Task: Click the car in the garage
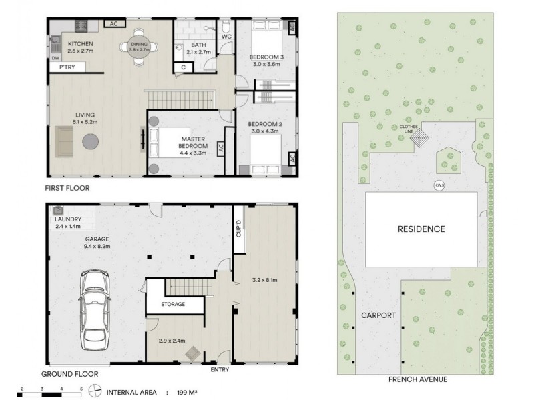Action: [95, 309]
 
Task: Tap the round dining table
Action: [139, 47]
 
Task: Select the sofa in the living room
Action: [64, 141]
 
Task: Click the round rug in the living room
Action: [90, 141]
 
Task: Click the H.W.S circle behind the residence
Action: [439, 185]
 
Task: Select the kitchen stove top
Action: [81, 26]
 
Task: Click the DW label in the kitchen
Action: [55, 59]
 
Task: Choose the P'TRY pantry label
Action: [67, 67]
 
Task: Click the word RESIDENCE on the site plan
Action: [421, 229]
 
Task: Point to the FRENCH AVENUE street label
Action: [418, 379]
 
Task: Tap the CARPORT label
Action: [378, 315]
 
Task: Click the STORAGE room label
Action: [173, 304]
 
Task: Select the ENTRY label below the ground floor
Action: [220, 370]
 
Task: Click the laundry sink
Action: [58, 210]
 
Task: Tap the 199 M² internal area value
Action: [188, 392]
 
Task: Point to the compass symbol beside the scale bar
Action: [95, 391]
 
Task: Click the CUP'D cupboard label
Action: [238, 229]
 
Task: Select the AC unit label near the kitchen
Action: [113, 23]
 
